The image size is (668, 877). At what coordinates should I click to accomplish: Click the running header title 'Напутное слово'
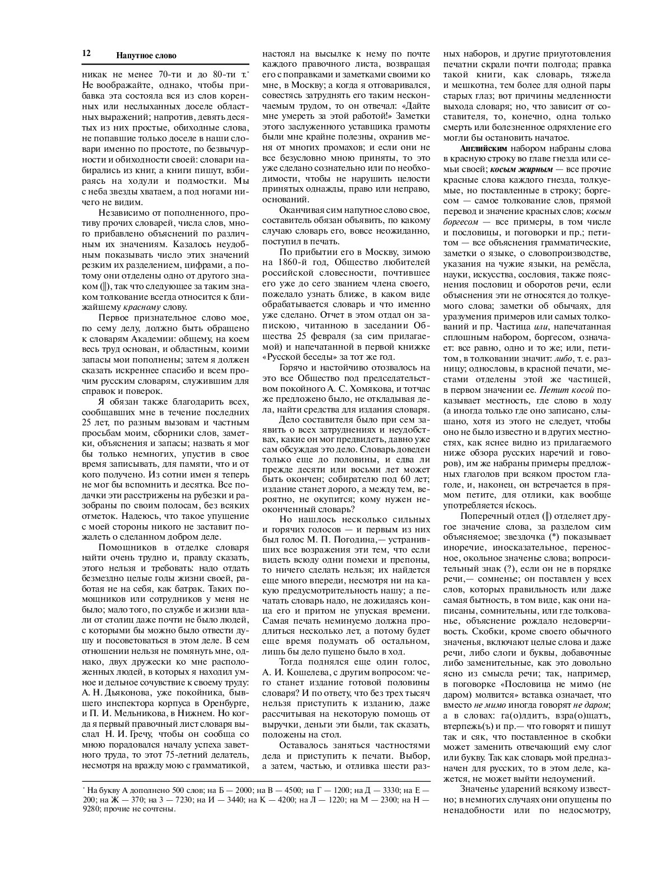point(146,55)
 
